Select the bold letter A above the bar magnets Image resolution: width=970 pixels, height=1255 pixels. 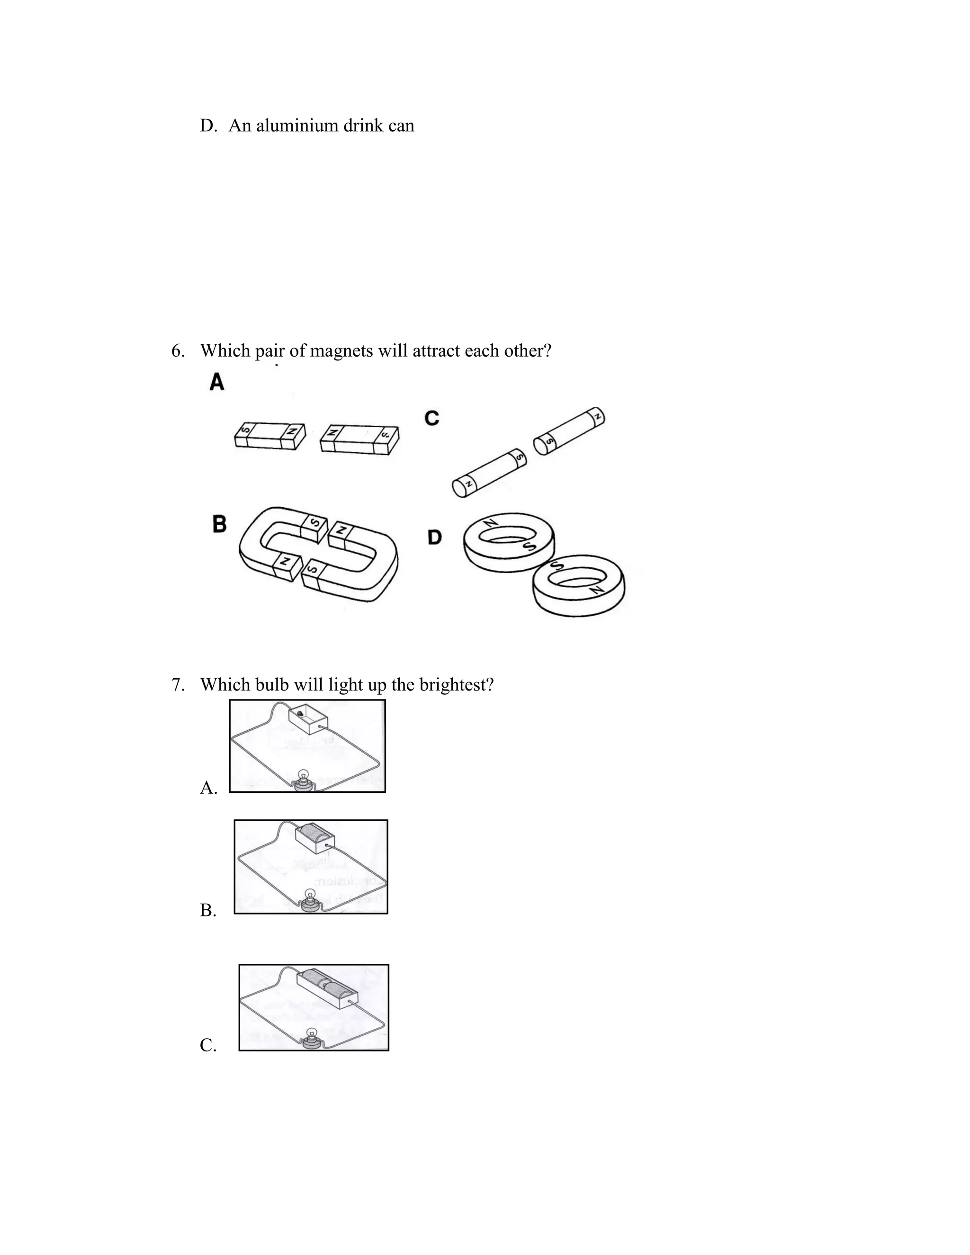[216, 382]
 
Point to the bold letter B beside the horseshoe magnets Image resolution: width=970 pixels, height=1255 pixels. [219, 524]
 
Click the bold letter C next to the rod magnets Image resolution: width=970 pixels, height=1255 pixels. [431, 418]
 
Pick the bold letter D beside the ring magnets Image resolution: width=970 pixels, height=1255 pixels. [435, 538]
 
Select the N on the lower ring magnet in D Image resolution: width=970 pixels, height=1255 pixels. [598, 590]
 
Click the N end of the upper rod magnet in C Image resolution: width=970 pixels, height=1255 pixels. [598, 415]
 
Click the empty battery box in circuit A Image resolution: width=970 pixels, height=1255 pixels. [307, 719]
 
